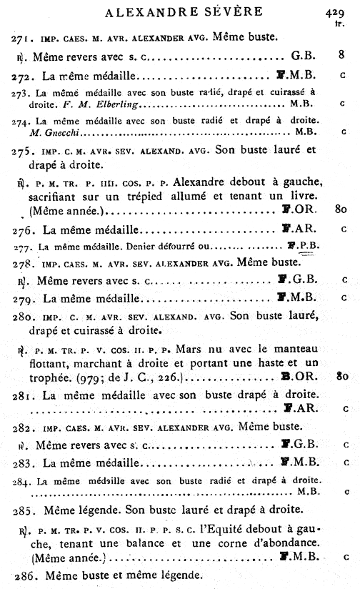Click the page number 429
click(334, 11)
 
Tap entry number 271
click(24, 36)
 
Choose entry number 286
click(25, 574)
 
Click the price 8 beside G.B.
click(342, 53)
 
